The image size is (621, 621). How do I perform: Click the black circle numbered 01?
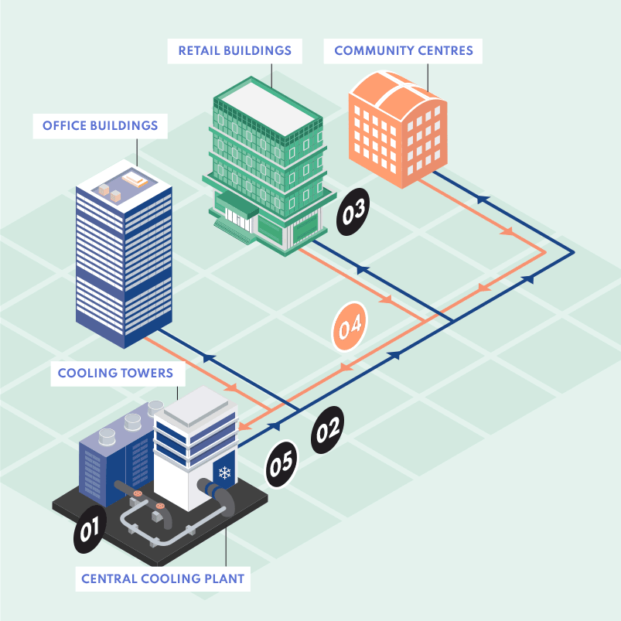(90, 529)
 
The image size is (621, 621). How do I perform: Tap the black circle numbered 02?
(328, 430)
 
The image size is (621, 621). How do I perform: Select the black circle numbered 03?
(353, 212)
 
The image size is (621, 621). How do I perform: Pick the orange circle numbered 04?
(350, 326)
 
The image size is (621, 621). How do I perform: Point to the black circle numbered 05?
(281, 464)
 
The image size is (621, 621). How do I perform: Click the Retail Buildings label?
(235, 51)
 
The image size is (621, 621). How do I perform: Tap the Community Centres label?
(403, 51)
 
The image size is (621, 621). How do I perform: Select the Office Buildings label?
(101, 126)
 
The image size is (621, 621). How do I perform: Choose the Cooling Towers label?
(116, 373)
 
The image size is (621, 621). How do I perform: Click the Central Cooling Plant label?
(162, 578)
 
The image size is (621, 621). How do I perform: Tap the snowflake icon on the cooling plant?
(224, 473)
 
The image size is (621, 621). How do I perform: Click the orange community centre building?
(398, 128)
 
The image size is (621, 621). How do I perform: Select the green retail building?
(268, 166)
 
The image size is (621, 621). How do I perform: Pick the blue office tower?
(124, 254)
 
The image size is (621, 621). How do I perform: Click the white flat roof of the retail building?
(268, 108)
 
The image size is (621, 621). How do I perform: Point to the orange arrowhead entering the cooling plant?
(244, 427)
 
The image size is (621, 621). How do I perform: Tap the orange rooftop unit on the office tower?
(135, 179)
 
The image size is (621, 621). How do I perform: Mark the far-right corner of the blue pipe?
(574, 252)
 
